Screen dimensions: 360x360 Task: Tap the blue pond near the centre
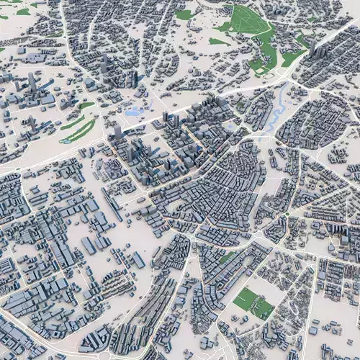pyautogui.click(x=132, y=112)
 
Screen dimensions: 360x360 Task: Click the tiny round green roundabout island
pyautogui.click(x=287, y=214)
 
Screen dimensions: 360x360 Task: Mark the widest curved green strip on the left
pyautogui.click(x=79, y=131)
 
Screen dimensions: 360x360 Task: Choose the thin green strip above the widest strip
pyautogui.click(x=72, y=121)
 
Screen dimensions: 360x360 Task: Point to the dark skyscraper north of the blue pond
pyautogui.click(x=134, y=78)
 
